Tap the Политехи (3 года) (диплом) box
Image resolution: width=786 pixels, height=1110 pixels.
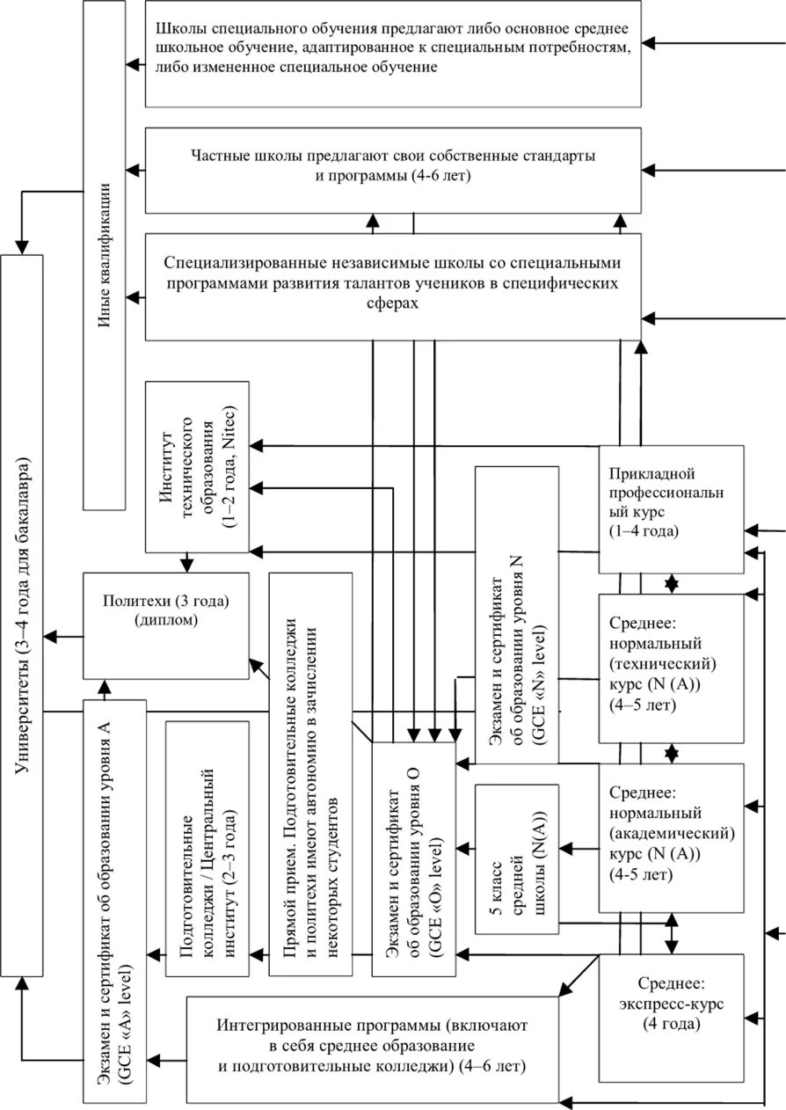click(x=165, y=624)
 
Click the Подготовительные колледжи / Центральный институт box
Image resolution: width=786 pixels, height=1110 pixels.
click(x=207, y=848)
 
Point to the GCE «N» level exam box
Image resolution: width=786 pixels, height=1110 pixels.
click(x=516, y=616)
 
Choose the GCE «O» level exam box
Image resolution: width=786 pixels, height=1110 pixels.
click(x=413, y=858)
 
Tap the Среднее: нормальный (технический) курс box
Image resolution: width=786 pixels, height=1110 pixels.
click(x=671, y=668)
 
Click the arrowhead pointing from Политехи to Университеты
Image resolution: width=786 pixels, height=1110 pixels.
click(x=51, y=633)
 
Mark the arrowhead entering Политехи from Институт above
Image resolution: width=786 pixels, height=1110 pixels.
click(x=186, y=565)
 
